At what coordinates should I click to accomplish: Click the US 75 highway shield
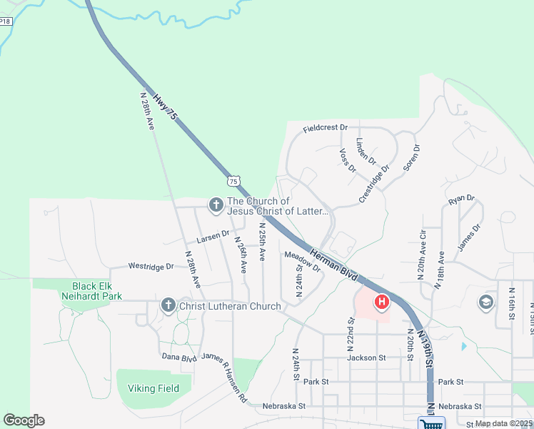pos(233,182)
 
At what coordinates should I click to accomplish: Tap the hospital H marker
pos(381,303)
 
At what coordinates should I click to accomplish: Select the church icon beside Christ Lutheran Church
pos(168,306)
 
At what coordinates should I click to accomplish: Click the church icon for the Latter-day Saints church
pos(216,206)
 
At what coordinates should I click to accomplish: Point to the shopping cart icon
pos(430,423)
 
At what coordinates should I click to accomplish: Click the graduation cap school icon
pos(487,302)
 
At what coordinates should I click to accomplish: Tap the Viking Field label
pos(153,388)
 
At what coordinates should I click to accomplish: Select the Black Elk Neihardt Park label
pos(96,290)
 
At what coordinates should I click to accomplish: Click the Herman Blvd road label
pos(334,264)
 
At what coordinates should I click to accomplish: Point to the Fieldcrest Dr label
pos(325,128)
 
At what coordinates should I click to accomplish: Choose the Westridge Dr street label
pos(151,266)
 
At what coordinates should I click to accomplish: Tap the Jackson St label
pos(366,357)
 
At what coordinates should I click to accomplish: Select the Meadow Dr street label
pos(303,261)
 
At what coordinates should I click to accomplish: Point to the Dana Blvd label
pos(178,356)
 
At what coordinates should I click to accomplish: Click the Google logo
pos(24,420)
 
